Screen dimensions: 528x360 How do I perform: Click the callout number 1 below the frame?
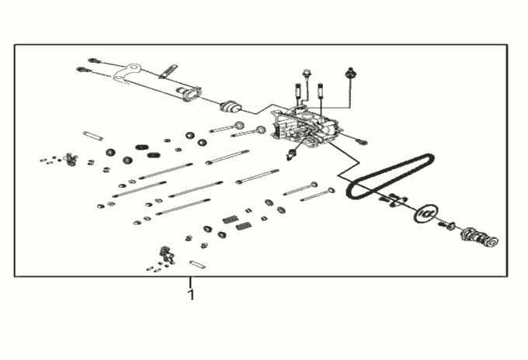pyautogui.click(x=191, y=295)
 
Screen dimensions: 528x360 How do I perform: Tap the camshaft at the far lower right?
pyautogui.click(x=480, y=237)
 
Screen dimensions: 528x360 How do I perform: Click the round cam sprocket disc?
pyautogui.click(x=426, y=213)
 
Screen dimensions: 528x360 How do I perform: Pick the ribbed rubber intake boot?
pyautogui.click(x=231, y=106)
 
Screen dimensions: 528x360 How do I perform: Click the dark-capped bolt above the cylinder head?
pyautogui.click(x=350, y=73)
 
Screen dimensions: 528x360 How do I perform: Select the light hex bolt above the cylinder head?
pyautogui.click(x=307, y=74)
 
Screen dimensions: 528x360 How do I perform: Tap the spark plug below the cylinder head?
pyautogui.click(x=290, y=155)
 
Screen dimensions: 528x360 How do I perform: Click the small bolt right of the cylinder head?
pyautogui.click(x=362, y=142)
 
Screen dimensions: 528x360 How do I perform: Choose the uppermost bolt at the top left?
pyautogui.click(x=94, y=61)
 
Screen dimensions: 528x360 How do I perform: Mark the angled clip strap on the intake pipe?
pyautogui.click(x=168, y=71)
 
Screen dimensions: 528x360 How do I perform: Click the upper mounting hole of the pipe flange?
pyautogui.click(x=134, y=67)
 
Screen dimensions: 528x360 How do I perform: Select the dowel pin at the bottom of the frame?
pyautogui.click(x=198, y=265)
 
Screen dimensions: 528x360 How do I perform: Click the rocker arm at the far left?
pyautogui.click(x=71, y=160)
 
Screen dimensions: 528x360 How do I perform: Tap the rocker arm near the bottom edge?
pyautogui.click(x=168, y=254)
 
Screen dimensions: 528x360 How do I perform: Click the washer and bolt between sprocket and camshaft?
pyautogui.click(x=446, y=225)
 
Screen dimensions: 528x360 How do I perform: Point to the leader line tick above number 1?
pyautogui.click(x=190, y=282)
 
